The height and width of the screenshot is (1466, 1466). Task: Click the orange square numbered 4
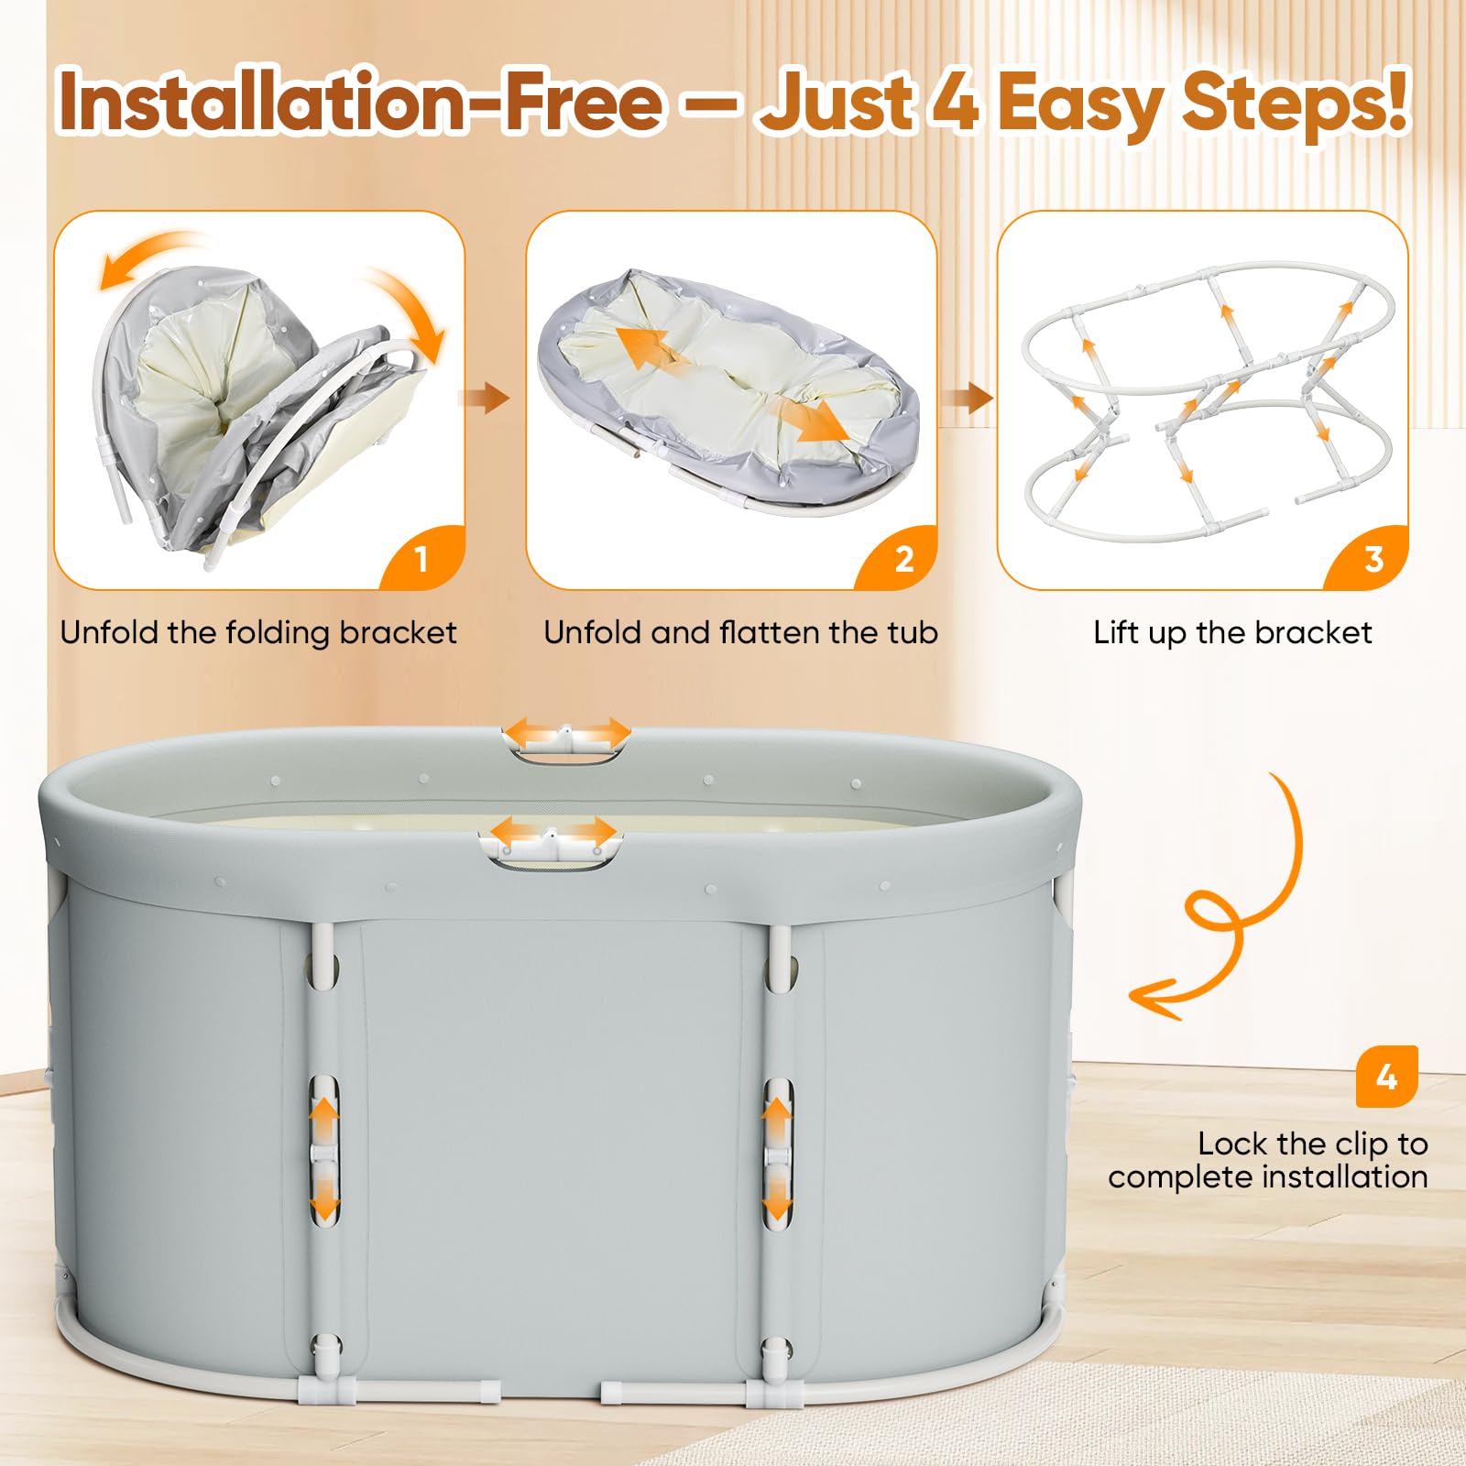tap(1386, 1077)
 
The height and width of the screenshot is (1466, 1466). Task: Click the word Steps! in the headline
tap(1295, 103)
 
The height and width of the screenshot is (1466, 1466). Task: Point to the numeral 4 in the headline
tap(956, 101)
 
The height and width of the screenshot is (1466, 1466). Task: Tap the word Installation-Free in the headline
tap(359, 101)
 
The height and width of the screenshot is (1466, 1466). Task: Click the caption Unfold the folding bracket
tap(258, 633)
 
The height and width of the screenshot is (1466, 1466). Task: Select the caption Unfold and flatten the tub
tap(740, 633)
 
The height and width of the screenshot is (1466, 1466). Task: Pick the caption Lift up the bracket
tap(1232, 633)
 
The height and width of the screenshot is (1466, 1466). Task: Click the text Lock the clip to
tap(1313, 1143)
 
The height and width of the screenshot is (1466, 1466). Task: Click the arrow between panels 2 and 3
tap(967, 398)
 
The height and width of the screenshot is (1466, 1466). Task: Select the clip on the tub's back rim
tap(566, 738)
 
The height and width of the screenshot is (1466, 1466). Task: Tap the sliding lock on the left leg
tap(323, 1151)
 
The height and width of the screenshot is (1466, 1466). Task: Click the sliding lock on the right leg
tap(777, 1151)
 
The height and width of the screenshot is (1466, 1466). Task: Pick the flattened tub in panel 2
tap(728, 391)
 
